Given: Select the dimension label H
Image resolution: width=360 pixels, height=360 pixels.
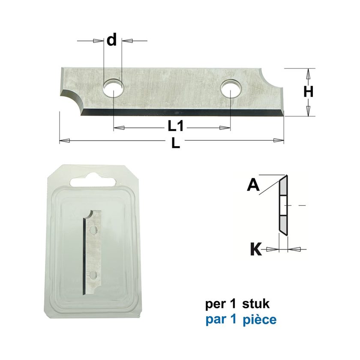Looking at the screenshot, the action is pyautogui.click(x=308, y=92).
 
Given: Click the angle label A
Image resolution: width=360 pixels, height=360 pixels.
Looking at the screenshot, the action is pyautogui.click(x=253, y=185).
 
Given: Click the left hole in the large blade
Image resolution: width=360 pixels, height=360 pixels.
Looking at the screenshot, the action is pyautogui.click(x=114, y=89).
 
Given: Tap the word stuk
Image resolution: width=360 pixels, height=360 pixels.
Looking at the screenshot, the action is pyautogui.click(x=256, y=304).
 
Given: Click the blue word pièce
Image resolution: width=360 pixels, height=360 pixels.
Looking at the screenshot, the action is pyautogui.click(x=259, y=320).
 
